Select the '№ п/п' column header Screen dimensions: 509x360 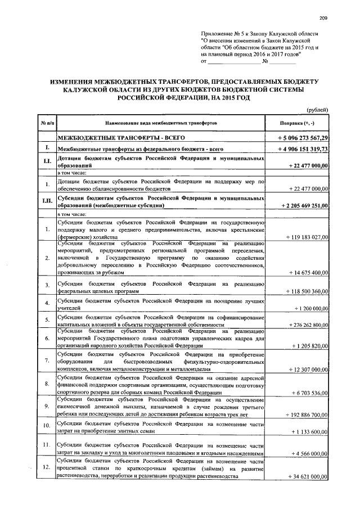coord(45,123)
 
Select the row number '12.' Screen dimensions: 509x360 coord(45,467)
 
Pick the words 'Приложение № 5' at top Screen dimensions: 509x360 coord(224,34)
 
